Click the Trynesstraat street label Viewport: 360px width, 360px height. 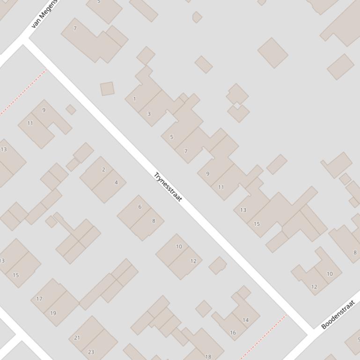[168, 187]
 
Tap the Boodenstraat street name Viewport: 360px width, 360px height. [337, 316]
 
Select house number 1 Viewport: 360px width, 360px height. [134, 99]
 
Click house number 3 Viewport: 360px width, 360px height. [149, 114]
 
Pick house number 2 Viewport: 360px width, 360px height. [103, 170]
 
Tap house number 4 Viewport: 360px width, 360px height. [116, 182]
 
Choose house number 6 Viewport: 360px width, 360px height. [140, 207]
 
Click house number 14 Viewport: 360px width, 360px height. [245, 320]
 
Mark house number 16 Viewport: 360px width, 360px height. [233, 333]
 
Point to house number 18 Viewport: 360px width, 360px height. [208, 357]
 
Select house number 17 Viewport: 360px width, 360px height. [39, 299]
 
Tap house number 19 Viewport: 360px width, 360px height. [53, 313]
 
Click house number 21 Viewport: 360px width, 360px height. [77, 338]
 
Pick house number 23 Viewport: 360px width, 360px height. [91, 352]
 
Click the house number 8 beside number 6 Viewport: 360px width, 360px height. [153, 221]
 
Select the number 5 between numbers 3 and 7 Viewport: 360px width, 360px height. [171, 137]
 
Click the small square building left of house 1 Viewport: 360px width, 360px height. [107, 89]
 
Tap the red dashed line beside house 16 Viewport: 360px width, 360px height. [264, 337]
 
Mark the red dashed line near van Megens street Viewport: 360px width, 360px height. [23, 92]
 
